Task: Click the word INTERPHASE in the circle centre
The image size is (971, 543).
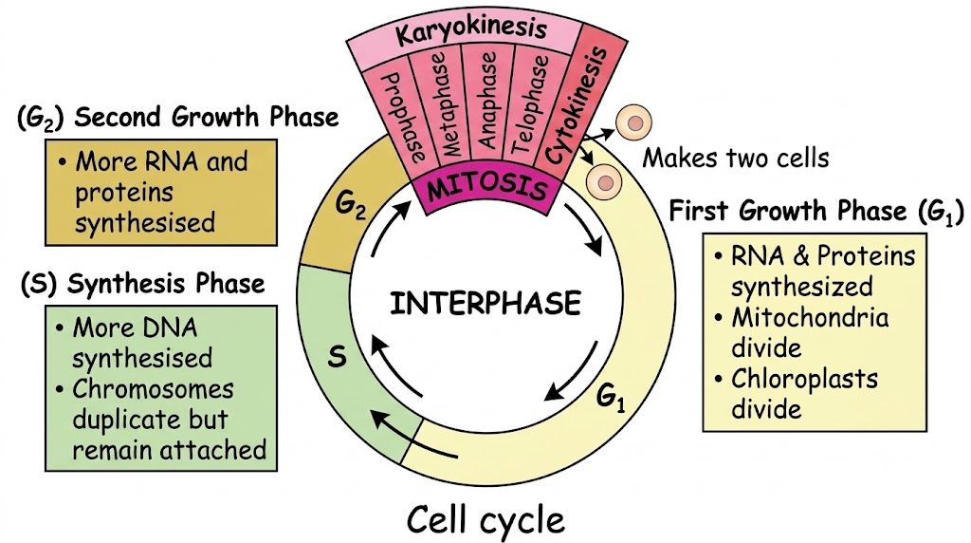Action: pos(485,303)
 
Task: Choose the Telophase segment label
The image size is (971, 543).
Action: pos(528,105)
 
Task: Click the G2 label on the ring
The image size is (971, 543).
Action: pos(350,205)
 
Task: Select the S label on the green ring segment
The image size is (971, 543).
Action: pos(337,357)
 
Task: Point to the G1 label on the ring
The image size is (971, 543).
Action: pos(611,397)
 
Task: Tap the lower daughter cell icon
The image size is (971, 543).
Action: pos(603,182)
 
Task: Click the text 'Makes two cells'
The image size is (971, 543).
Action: pos(735,159)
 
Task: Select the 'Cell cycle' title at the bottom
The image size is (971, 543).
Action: pos(485,519)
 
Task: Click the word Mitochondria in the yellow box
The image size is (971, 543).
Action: pos(810,318)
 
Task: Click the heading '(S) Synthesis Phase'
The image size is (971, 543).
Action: pos(142,285)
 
